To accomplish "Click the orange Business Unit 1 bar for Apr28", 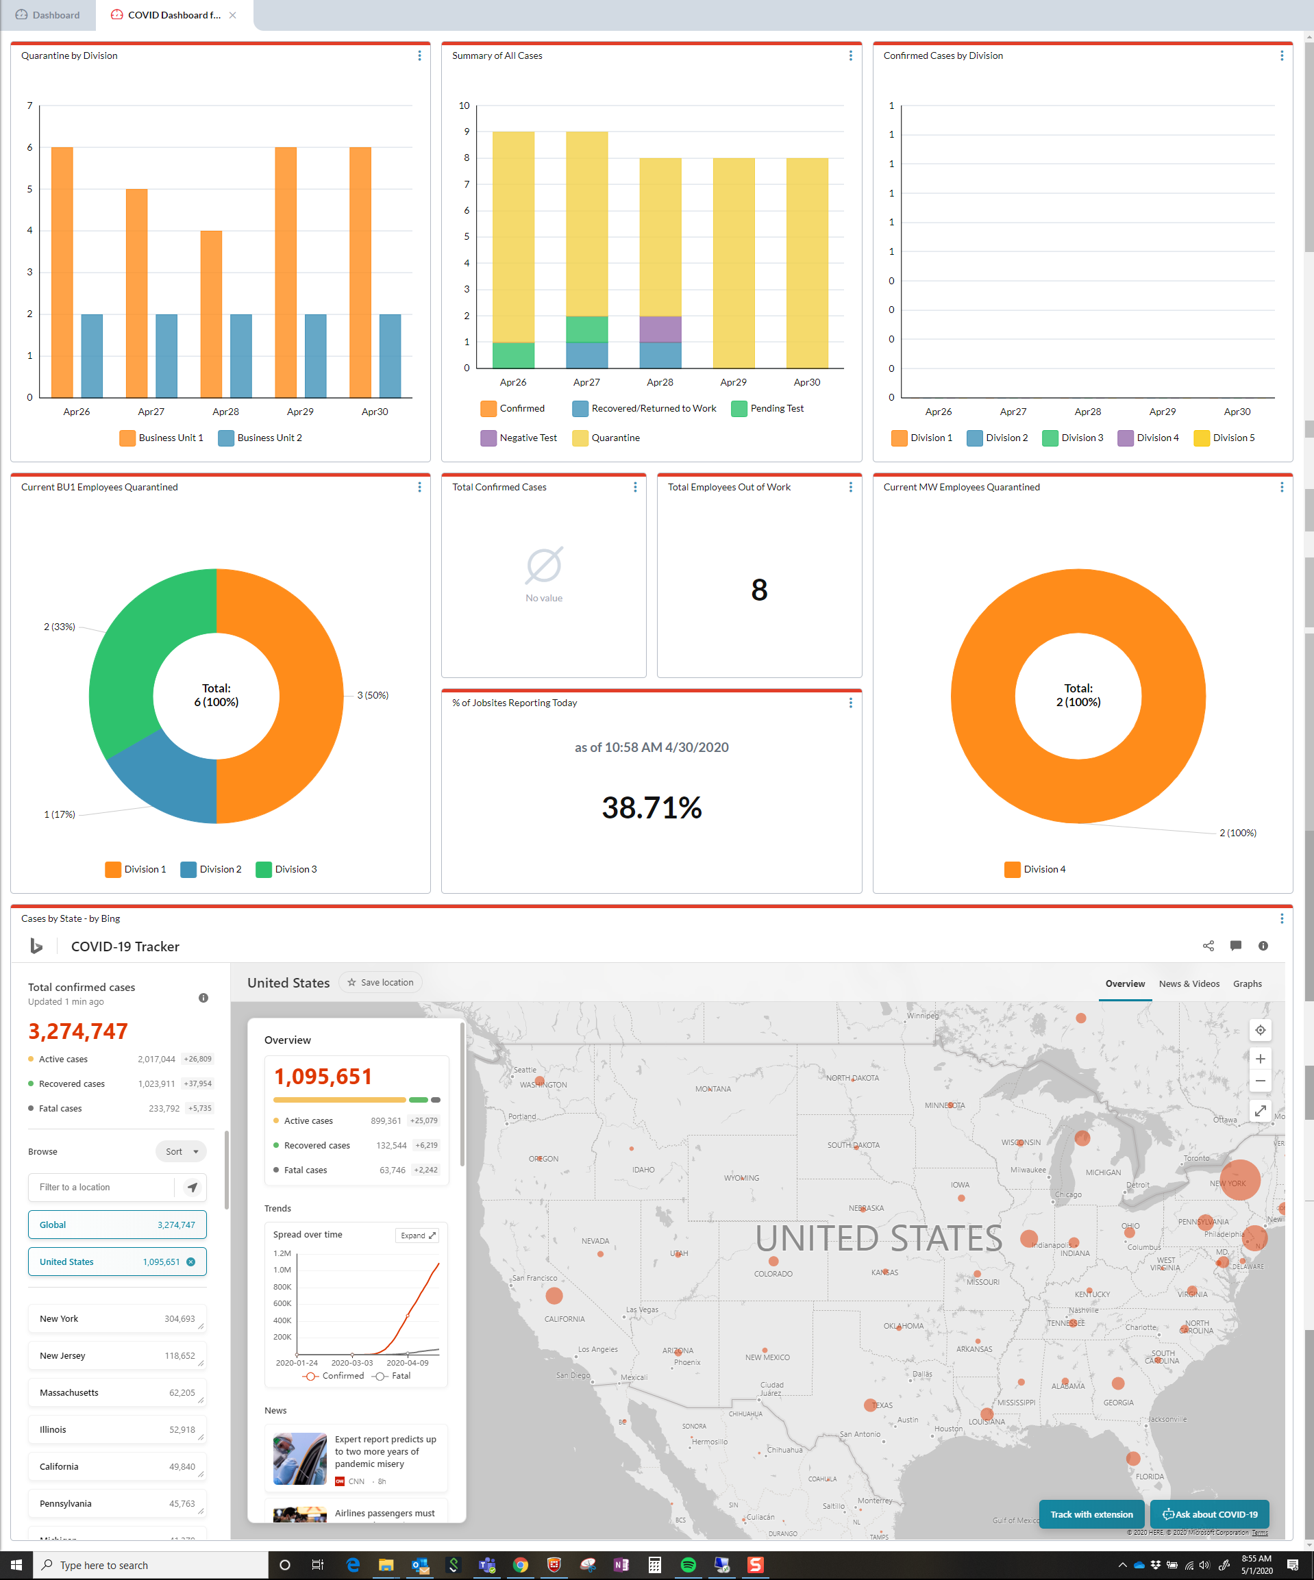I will point(211,314).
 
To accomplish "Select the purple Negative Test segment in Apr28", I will point(660,329).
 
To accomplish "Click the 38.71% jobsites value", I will point(651,808).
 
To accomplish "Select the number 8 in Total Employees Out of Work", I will point(758,590).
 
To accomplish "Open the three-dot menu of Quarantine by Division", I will point(419,55).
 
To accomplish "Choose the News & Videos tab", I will point(1189,984).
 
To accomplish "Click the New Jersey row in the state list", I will point(116,1356).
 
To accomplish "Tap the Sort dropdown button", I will point(182,1152).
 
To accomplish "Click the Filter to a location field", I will point(101,1188).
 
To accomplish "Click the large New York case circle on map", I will point(1239,1180).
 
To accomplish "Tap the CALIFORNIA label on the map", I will point(565,1319).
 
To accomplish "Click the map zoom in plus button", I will point(1260,1059).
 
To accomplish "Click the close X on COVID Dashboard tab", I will point(232,15).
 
